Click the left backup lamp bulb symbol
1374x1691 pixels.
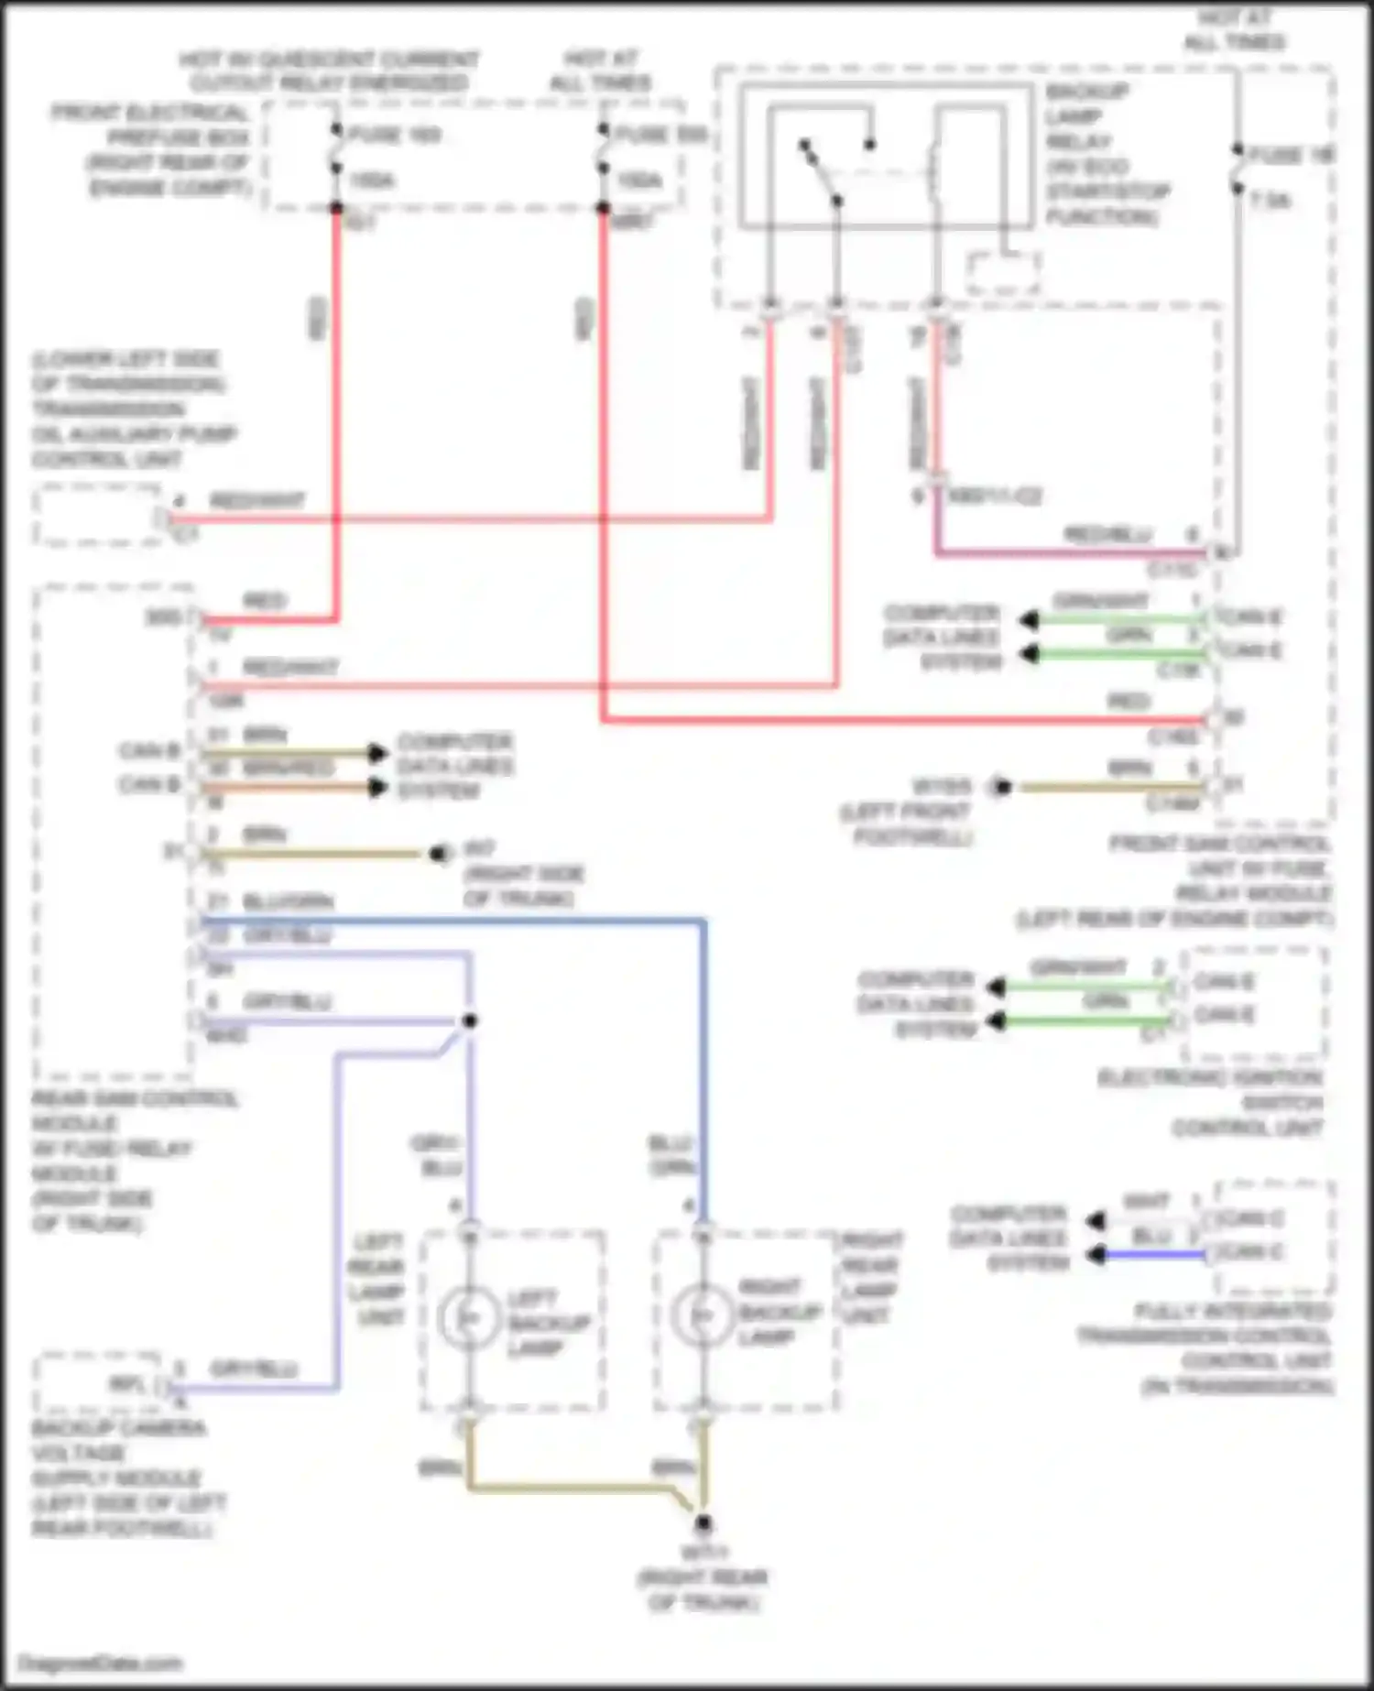[x=468, y=1317]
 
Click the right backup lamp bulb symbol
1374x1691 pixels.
[x=702, y=1315]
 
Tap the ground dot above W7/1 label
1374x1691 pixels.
[x=703, y=1523]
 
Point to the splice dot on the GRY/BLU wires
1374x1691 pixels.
[x=469, y=1020]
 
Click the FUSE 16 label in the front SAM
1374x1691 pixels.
[x=1292, y=156]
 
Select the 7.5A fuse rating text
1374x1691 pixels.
[x=1271, y=201]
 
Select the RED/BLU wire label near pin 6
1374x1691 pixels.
[x=1107, y=535]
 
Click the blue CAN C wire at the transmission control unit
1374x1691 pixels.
[x=1154, y=1254]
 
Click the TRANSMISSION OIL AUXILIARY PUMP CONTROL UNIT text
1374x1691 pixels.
[x=133, y=409]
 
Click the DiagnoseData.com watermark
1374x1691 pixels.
[x=101, y=1663]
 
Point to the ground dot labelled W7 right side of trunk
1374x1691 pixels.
[x=439, y=854]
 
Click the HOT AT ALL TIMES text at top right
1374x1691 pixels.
[x=1234, y=30]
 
